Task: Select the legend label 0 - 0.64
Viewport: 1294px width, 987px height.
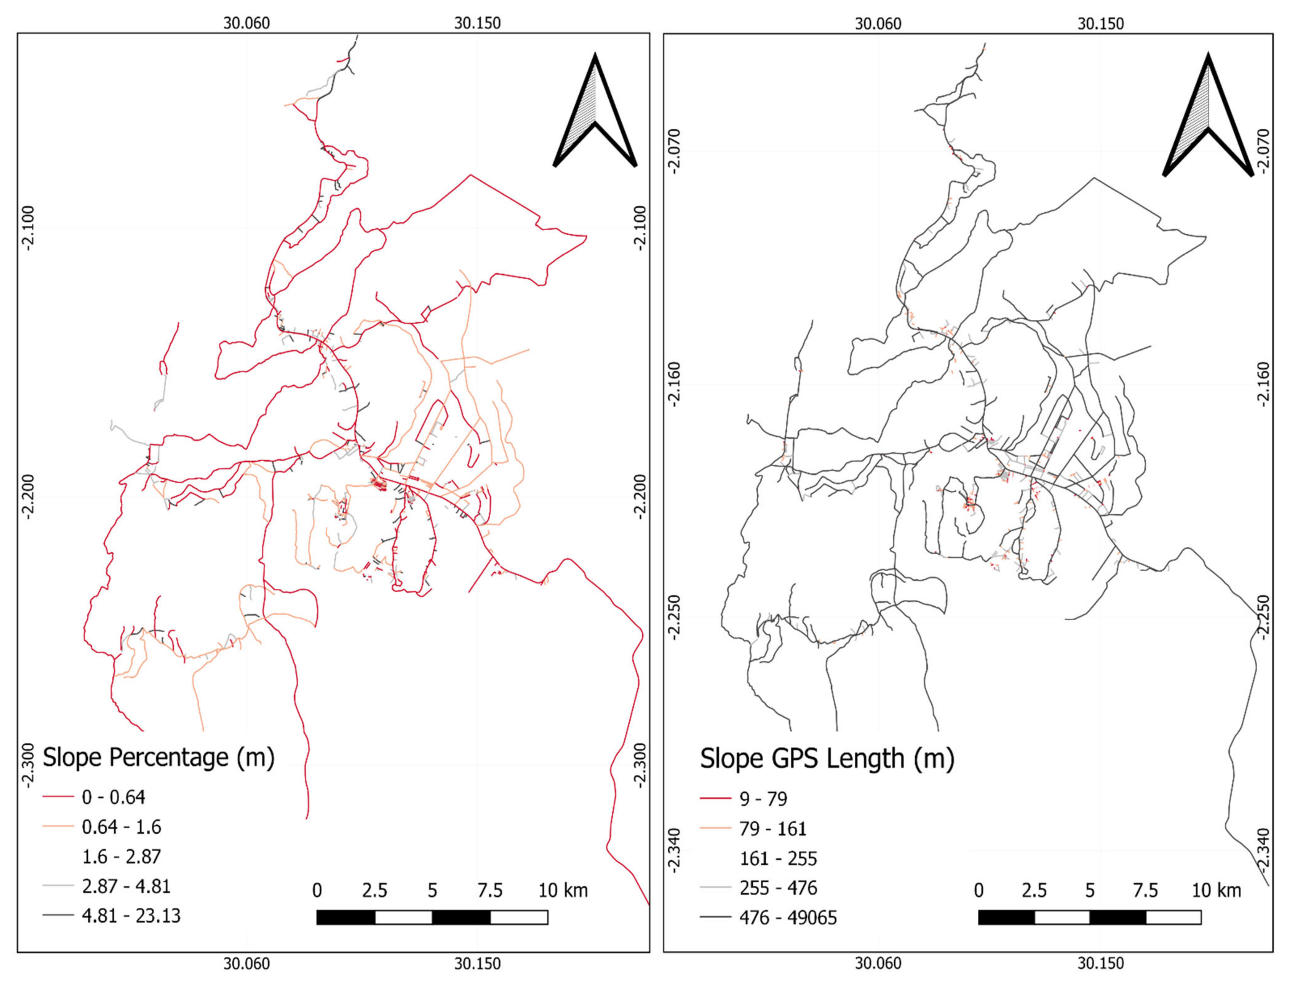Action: coord(113,797)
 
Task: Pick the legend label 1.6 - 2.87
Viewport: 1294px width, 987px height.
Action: coord(121,857)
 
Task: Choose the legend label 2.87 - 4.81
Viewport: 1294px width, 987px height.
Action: coord(126,886)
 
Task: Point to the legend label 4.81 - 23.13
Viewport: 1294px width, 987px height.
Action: coord(131,916)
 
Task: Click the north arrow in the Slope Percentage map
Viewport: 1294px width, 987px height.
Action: coord(595,112)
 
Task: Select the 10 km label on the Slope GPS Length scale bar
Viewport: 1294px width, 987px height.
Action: coord(1216,891)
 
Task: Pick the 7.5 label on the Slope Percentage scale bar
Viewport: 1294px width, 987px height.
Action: coord(490,891)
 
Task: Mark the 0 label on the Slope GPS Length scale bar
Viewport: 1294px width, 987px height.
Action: coord(978,891)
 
